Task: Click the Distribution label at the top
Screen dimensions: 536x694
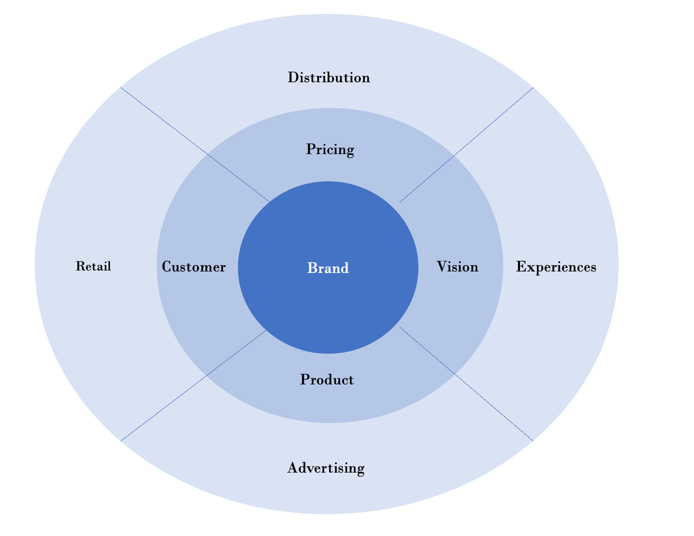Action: click(329, 78)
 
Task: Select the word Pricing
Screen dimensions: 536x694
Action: click(330, 150)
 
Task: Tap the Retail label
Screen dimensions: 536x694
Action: click(93, 267)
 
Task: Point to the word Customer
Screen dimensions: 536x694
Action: click(194, 268)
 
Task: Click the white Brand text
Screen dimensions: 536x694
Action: click(328, 268)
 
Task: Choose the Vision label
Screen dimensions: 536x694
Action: click(458, 268)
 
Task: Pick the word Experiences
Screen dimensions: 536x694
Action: click(556, 268)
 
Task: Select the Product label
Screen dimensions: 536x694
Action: click(327, 380)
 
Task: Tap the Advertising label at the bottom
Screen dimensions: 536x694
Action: click(326, 468)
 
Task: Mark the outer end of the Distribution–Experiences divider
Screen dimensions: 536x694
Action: click(532, 88)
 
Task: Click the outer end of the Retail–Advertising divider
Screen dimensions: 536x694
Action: click(121, 439)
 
